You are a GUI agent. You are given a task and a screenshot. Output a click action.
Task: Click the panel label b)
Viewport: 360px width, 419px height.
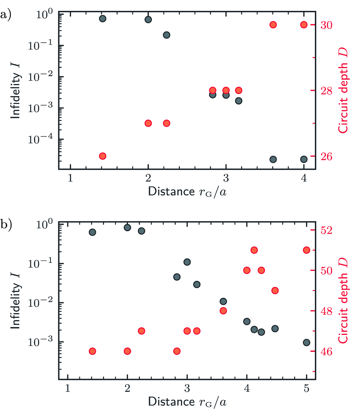pyautogui.click(x=6, y=225)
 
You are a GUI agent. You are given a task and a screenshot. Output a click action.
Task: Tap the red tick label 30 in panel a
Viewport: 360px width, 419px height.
pyautogui.click(x=326, y=25)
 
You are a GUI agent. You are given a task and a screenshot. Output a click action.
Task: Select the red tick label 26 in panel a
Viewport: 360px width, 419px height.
pyautogui.click(x=326, y=156)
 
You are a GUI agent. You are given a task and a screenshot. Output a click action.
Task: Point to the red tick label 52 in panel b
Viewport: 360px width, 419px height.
pyautogui.click(x=326, y=230)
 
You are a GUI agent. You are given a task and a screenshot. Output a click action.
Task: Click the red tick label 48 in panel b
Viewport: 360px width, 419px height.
pyautogui.click(x=326, y=311)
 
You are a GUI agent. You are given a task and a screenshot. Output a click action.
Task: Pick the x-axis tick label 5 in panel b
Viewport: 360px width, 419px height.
pyautogui.click(x=307, y=388)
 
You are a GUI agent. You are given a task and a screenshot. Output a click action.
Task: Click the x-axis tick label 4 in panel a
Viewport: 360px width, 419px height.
pyautogui.click(x=304, y=178)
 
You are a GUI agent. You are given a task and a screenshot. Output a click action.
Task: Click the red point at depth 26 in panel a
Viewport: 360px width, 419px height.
pyautogui.click(x=102, y=156)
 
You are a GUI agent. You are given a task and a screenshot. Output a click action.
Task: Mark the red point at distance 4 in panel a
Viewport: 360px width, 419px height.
pyautogui.click(x=304, y=25)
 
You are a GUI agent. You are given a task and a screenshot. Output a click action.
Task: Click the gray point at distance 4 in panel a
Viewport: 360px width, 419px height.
pyautogui.click(x=304, y=159)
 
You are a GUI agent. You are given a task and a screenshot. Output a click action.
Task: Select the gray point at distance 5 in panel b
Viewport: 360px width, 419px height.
pyautogui.click(x=307, y=343)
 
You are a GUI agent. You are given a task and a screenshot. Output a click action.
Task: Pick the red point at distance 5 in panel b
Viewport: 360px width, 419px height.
pyautogui.click(x=307, y=250)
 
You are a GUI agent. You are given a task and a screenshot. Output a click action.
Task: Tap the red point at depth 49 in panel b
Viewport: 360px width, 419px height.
pyautogui.click(x=275, y=291)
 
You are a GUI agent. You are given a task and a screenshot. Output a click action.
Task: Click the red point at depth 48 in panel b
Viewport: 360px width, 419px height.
pyautogui.click(x=223, y=311)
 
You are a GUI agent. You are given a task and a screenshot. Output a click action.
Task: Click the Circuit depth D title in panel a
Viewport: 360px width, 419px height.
pyautogui.click(x=343, y=91)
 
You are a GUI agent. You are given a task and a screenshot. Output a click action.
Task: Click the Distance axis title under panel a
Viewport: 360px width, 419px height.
pyautogui.click(x=187, y=192)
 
